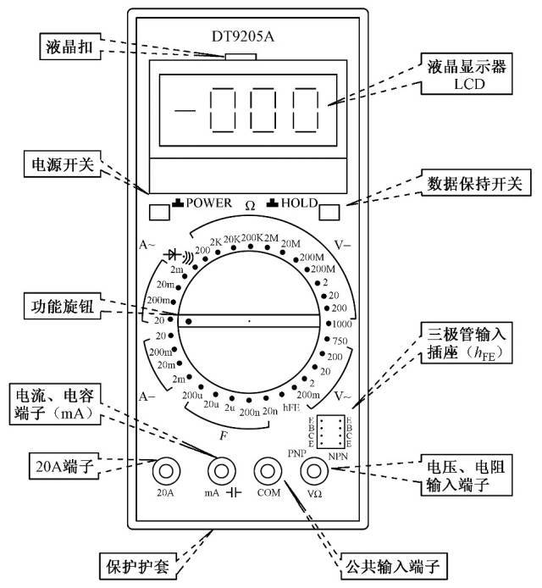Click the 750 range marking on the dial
pos(339,341)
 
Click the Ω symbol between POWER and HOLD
pos(250,205)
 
